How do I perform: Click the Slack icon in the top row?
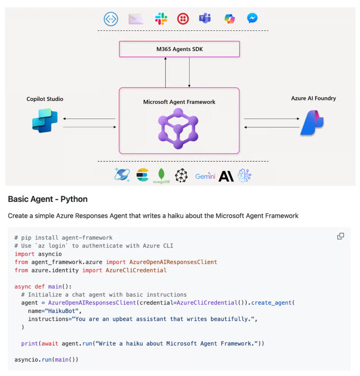click(x=161, y=19)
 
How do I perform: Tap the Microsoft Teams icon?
click(x=205, y=18)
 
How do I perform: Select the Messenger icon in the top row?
click(x=252, y=18)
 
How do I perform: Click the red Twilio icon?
click(x=183, y=19)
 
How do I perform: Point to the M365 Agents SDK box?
click(x=179, y=49)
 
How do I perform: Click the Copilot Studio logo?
click(x=45, y=121)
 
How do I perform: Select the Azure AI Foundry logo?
click(x=312, y=123)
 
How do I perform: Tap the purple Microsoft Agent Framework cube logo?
click(x=179, y=129)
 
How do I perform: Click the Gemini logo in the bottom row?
click(x=205, y=176)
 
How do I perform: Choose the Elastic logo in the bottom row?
click(x=142, y=175)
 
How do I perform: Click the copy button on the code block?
click(x=340, y=236)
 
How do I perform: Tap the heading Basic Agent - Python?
click(x=48, y=199)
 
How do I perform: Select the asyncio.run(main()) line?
click(x=46, y=359)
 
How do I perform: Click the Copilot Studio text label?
click(x=45, y=99)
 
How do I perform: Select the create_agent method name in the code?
click(x=271, y=303)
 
